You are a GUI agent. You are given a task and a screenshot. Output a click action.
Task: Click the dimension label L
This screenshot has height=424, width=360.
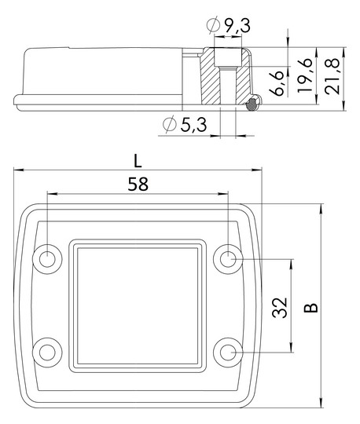click(x=138, y=160)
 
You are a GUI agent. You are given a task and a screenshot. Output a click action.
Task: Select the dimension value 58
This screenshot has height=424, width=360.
click(x=138, y=184)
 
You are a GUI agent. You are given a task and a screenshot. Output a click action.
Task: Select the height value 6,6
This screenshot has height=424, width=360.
click(x=274, y=82)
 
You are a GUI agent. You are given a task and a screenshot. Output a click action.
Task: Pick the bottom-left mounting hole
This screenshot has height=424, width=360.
click(x=48, y=350)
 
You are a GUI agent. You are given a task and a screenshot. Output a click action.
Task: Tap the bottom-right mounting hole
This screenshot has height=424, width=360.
click(x=229, y=350)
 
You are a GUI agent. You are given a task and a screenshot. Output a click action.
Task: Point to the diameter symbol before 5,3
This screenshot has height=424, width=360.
click(x=169, y=125)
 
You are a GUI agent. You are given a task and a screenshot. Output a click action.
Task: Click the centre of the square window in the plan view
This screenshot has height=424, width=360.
click(x=138, y=304)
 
